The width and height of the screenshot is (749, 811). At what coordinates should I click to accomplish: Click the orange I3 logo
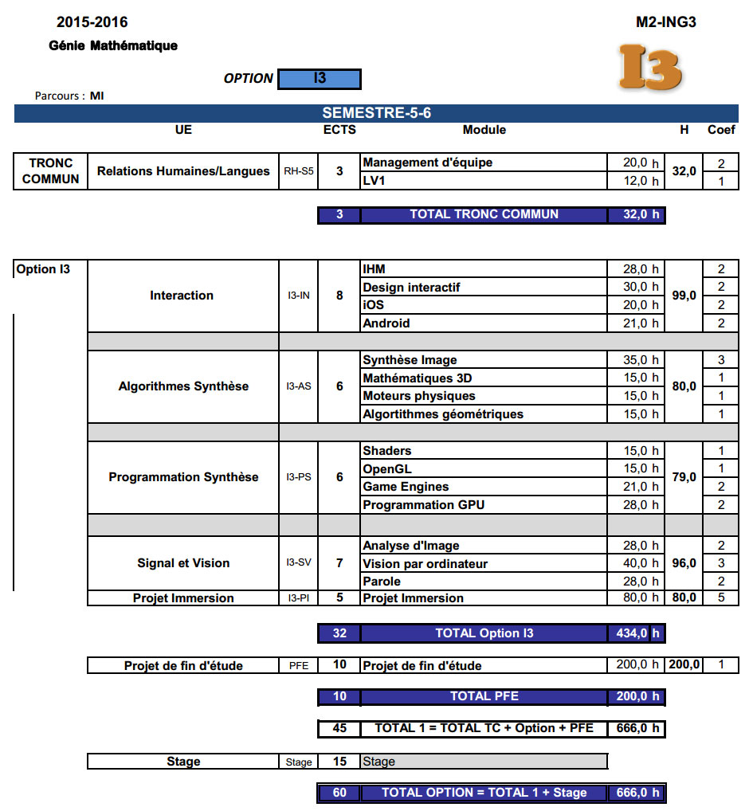click(651, 67)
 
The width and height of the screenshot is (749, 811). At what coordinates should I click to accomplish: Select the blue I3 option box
click(320, 79)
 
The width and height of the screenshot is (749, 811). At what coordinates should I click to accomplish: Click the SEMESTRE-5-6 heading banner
click(376, 113)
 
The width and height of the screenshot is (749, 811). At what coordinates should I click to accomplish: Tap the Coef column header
click(721, 130)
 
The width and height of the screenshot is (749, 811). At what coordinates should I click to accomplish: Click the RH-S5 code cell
click(299, 171)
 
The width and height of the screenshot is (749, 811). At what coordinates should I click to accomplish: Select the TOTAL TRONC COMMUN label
click(484, 214)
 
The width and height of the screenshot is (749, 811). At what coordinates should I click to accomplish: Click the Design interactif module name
click(411, 287)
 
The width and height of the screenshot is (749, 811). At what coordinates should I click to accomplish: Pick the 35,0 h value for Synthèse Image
click(635, 360)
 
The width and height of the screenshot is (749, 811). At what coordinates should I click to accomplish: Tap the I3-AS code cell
click(299, 386)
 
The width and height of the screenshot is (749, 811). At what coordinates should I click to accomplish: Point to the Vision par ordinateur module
click(425, 564)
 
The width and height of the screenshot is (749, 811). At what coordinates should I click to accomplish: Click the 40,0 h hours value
click(635, 564)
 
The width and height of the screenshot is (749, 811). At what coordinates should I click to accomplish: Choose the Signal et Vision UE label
click(183, 563)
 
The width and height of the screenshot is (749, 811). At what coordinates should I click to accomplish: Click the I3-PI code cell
click(299, 598)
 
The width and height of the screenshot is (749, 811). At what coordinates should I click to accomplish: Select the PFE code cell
click(299, 666)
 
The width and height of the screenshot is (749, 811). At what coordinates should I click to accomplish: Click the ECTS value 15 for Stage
click(339, 762)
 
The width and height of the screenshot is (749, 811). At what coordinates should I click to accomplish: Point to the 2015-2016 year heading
click(92, 22)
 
